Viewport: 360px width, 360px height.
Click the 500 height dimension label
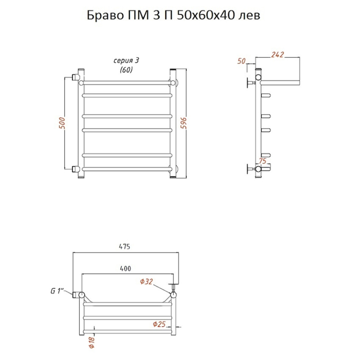point(62,123)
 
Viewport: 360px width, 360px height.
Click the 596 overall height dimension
point(184,123)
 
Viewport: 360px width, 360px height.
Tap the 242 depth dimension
point(277,55)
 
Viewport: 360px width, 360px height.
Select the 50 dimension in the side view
point(241,61)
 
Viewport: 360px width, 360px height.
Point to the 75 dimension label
point(263,161)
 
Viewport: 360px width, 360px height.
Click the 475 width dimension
point(124,247)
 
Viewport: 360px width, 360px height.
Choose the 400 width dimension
point(125,268)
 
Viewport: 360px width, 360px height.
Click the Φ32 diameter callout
point(147,282)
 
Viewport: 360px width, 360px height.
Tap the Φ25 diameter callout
point(159,324)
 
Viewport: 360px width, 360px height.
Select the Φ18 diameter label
point(91,342)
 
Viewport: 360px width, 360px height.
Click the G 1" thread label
point(57,291)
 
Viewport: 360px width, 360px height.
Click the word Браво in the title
point(105,16)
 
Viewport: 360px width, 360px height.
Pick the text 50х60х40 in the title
point(206,16)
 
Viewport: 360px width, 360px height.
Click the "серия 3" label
point(126,61)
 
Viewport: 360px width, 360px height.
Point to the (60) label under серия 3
point(126,70)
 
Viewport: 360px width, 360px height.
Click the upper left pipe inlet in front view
point(75,77)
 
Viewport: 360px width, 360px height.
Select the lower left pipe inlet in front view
point(75,169)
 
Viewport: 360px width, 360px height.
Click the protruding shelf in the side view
point(280,83)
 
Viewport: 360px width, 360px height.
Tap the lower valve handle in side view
point(248,169)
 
